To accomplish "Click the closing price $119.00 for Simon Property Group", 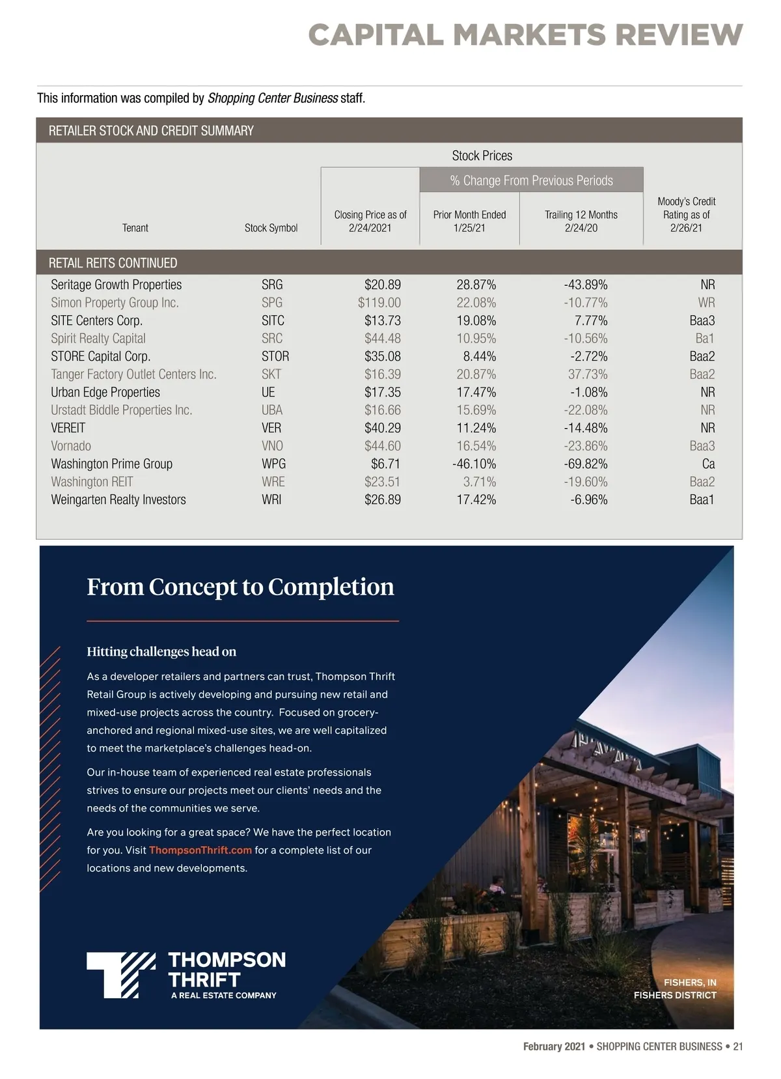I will click(379, 303).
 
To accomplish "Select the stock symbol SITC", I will click(273, 320).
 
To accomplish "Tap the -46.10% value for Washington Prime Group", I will click(474, 464).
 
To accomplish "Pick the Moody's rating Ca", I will click(708, 464).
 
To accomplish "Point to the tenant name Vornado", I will click(71, 446).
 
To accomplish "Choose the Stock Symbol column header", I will click(271, 228).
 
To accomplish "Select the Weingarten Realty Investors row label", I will click(118, 500).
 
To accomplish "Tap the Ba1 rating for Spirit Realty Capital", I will click(704, 339).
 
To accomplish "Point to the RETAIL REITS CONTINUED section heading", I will click(113, 263).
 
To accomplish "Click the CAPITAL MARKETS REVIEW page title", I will click(525, 35).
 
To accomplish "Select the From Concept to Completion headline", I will click(240, 587).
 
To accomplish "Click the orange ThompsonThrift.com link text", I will click(200, 850).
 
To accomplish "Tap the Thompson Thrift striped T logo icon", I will click(121, 975).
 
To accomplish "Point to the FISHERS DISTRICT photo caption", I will click(674, 996).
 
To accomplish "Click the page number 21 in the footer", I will click(737, 1046).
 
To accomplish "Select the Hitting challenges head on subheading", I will click(161, 652).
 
